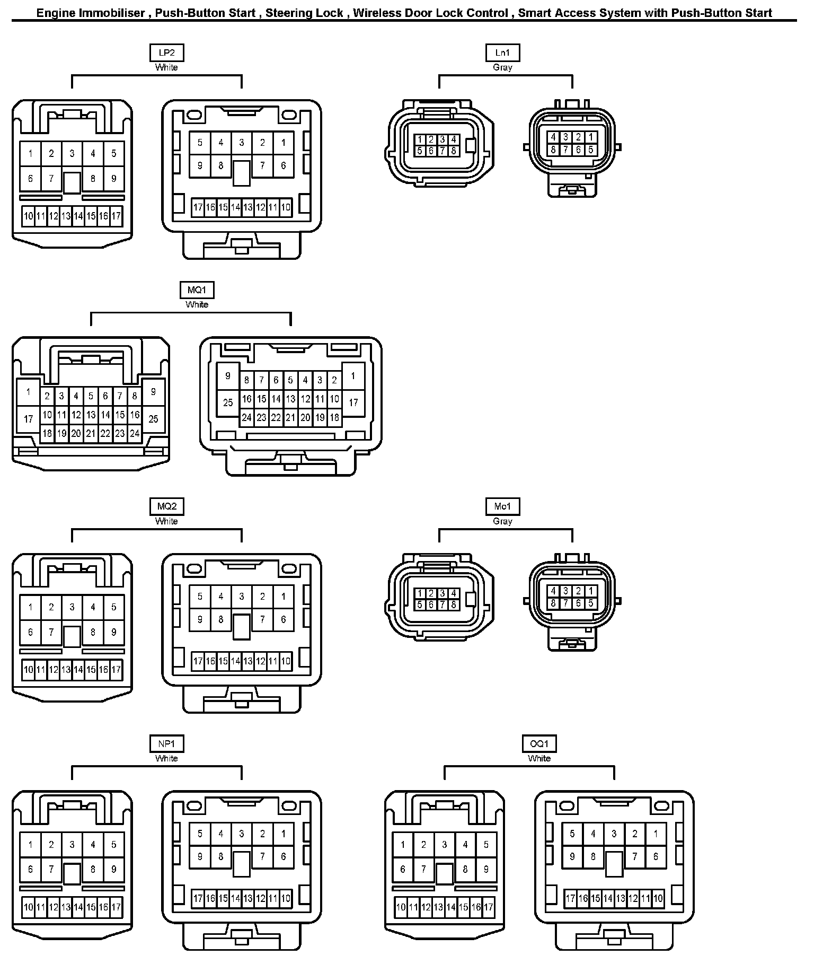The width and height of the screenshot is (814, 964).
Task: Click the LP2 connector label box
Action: click(x=166, y=52)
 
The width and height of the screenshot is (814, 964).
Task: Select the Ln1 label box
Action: click(x=502, y=52)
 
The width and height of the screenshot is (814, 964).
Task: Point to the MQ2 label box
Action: click(x=166, y=506)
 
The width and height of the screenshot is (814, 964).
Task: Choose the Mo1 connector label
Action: click(x=502, y=506)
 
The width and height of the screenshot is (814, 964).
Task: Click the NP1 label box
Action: click(x=166, y=743)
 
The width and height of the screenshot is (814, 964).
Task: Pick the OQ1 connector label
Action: click(x=539, y=743)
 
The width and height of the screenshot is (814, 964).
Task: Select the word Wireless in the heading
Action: click(x=376, y=13)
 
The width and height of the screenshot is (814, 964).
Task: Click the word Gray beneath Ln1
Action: click(x=502, y=67)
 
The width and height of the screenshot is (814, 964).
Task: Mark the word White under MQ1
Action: click(x=197, y=304)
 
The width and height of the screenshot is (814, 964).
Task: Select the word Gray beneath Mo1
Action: click(x=502, y=521)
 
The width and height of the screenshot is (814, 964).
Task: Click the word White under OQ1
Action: click(x=539, y=758)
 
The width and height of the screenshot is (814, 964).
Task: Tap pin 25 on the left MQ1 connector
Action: click(x=153, y=419)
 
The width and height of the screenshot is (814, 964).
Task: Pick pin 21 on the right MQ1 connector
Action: click(x=290, y=417)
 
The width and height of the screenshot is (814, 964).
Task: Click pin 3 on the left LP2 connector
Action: click(x=72, y=154)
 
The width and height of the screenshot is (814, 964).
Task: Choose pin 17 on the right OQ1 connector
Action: click(x=571, y=898)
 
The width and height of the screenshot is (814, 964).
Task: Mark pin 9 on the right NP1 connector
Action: click(x=200, y=856)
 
